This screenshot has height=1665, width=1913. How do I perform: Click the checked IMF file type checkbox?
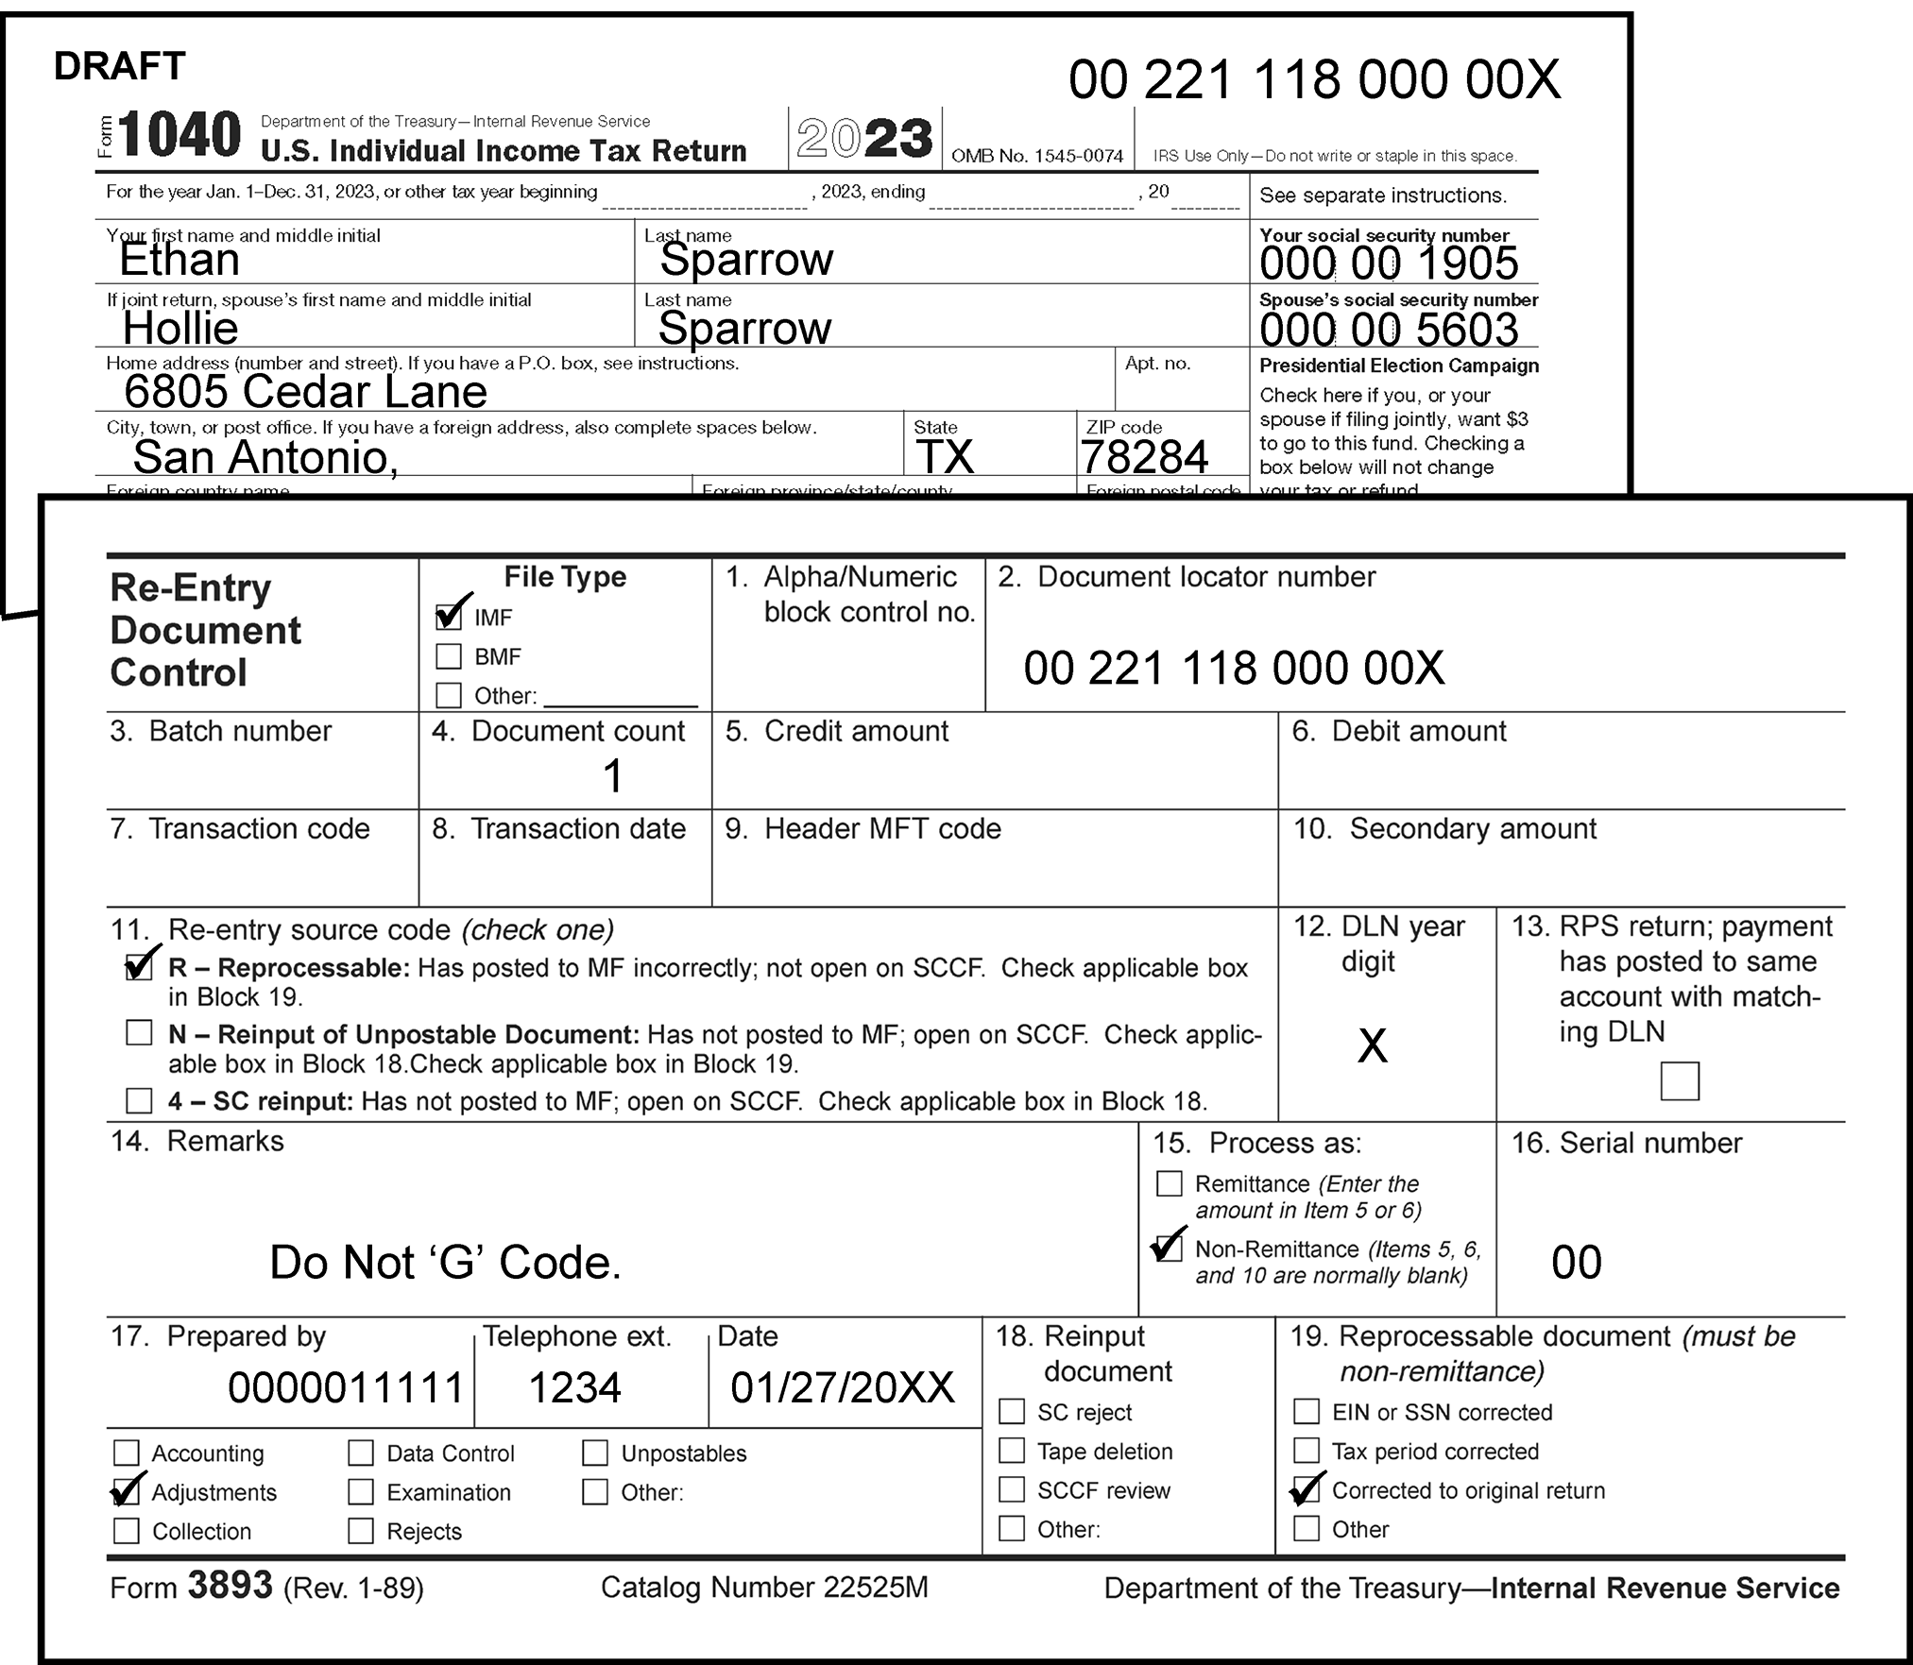coord(449,617)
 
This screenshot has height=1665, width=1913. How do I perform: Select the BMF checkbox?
coord(449,656)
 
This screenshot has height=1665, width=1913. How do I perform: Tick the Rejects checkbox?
coord(361,1531)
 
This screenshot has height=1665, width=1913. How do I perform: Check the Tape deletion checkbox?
coord(1012,1451)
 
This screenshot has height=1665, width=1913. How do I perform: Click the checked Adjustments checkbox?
coord(126,1492)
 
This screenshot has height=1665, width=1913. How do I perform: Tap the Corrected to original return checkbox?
coord(1307,1490)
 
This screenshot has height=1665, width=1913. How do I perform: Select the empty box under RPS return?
coord(1679,1081)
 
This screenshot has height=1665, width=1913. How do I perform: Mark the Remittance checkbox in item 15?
coord(1170,1183)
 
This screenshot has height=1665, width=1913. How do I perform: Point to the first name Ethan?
coord(179,261)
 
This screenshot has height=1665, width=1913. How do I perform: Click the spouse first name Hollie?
coord(180,329)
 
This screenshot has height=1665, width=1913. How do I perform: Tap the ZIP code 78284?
coord(1144,458)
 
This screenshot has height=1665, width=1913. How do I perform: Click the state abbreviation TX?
coord(945,458)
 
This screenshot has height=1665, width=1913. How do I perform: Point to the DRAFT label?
coord(120,66)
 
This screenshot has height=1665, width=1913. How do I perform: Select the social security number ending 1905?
coord(1389,263)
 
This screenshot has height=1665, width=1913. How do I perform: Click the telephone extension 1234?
coord(574,1387)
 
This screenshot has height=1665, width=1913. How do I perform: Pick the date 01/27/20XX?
coord(842,1387)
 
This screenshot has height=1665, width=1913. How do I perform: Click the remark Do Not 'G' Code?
coord(445,1263)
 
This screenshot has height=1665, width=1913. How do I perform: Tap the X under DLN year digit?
coord(1372,1046)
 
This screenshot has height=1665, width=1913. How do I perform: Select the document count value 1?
coord(612,777)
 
